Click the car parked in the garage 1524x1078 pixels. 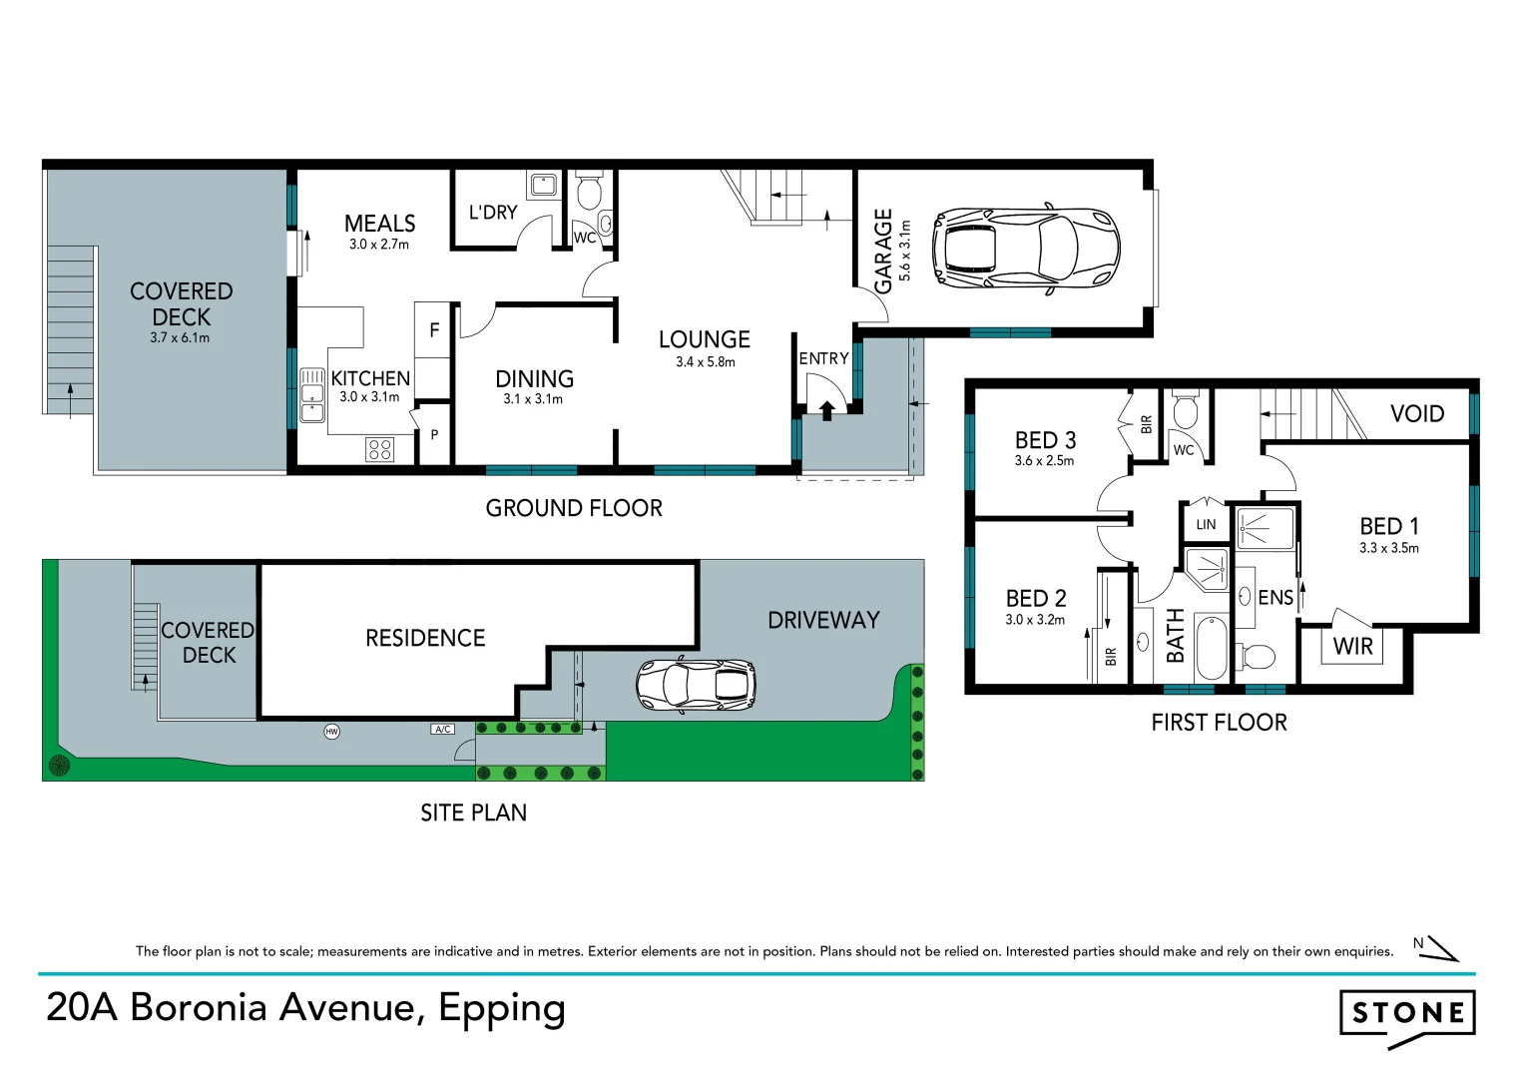(1026, 249)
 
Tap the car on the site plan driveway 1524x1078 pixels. (696, 685)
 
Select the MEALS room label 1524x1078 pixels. (379, 224)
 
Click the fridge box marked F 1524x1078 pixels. (432, 330)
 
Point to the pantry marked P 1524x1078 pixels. (434, 435)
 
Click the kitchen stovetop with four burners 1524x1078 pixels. (379, 449)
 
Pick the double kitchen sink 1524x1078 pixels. (312, 394)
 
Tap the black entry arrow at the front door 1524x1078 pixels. (826, 411)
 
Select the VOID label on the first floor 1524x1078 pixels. (1417, 414)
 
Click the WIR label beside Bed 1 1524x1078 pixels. (1352, 646)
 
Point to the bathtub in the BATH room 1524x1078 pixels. (1212, 647)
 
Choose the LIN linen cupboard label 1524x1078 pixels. (1206, 525)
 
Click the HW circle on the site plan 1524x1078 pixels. (331, 732)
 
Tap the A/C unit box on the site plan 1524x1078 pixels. (443, 730)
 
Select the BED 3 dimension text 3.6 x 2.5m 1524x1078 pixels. (1044, 461)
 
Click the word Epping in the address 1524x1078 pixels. (502, 1009)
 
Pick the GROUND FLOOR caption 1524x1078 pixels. (574, 508)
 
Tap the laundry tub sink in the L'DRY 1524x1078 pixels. (544, 185)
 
